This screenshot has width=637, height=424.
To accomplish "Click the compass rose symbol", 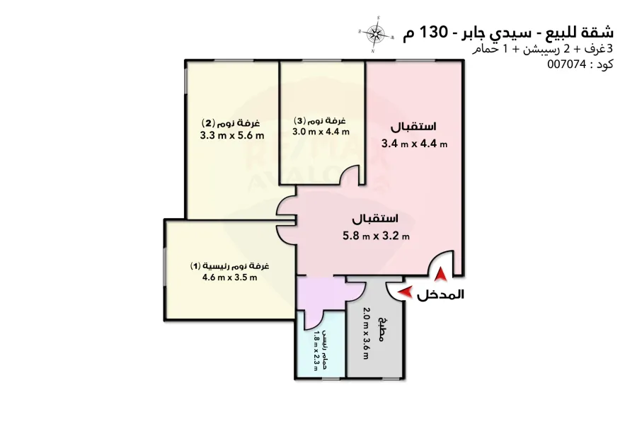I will coord(377,33).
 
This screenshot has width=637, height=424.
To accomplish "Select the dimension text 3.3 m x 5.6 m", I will coord(231,136).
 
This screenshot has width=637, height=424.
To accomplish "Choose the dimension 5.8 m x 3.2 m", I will coord(375,236).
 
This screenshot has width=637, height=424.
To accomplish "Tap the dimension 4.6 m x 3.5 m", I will coord(229,277).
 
